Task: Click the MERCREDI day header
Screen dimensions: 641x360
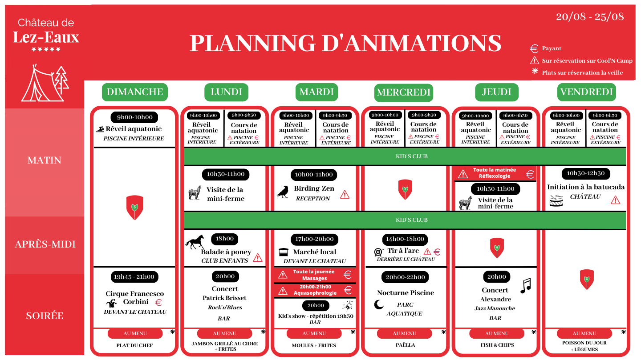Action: (x=403, y=92)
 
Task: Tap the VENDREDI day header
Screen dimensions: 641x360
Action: (x=587, y=92)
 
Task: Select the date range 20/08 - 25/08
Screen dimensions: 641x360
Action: (x=590, y=16)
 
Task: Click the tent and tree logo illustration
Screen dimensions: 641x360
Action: (x=45, y=83)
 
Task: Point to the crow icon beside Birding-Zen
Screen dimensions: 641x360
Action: (x=283, y=192)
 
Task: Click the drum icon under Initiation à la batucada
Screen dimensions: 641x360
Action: (x=556, y=200)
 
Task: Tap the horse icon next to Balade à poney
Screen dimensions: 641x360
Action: (x=195, y=241)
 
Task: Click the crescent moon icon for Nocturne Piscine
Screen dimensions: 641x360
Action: (x=379, y=304)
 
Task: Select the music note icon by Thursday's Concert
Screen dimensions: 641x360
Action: (x=526, y=285)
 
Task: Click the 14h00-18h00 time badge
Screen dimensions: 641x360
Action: (x=405, y=239)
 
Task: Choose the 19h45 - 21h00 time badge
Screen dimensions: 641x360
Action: (x=134, y=277)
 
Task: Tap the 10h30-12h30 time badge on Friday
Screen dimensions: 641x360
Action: (x=586, y=173)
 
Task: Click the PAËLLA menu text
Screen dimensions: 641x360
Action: (x=405, y=345)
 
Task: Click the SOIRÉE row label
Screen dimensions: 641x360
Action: (x=45, y=316)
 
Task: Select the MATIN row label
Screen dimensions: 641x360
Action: (x=45, y=160)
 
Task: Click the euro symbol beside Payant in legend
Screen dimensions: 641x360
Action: (x=534, y=48)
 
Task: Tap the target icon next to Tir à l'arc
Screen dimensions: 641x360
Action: (x=378, y=252)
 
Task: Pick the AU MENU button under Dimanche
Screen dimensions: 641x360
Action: (x=135, y=333)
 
